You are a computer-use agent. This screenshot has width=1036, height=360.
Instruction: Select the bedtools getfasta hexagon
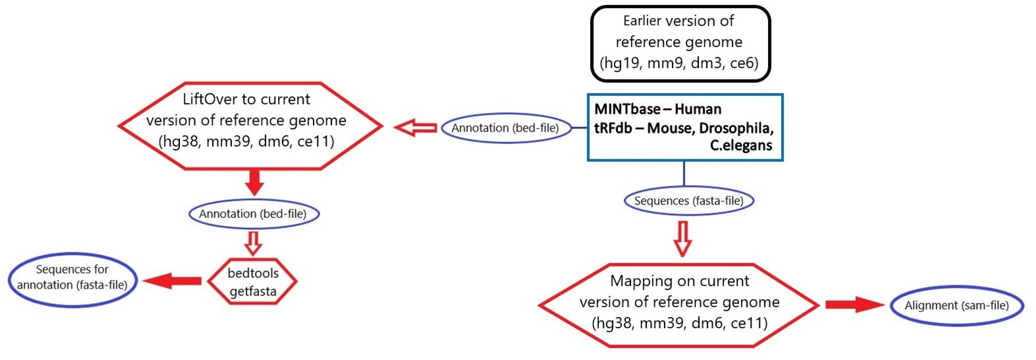click(x=253, y=282)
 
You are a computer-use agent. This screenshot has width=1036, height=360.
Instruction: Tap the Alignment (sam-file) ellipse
click(x=956, y=306)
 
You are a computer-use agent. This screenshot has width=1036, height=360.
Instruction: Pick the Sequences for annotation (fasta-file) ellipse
click(x=72, y=280)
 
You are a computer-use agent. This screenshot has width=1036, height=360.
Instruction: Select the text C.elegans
click(x=740, y=145)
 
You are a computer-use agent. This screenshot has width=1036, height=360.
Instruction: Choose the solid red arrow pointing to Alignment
click(x=854, y=305)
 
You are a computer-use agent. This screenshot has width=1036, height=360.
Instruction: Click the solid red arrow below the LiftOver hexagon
click(x=254, y=182)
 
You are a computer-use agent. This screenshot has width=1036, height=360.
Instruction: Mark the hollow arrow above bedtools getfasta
click(x=253, y=243)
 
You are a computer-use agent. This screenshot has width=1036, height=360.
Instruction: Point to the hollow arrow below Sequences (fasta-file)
click(x=683, y=239)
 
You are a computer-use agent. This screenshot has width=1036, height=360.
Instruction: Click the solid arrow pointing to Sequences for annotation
click(x=172, y=281)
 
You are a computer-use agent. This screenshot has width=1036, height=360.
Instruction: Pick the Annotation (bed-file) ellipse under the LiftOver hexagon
click(x=253, y=214)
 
